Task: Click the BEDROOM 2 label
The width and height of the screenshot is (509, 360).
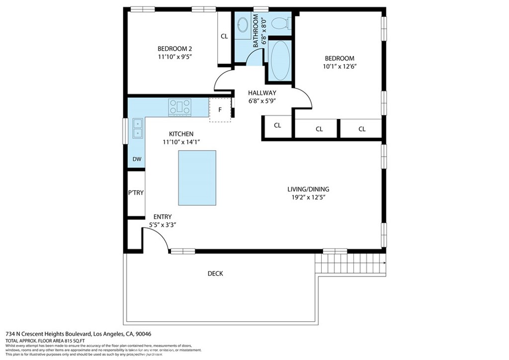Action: point(174,49)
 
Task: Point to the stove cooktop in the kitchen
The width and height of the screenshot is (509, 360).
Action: point(179,106)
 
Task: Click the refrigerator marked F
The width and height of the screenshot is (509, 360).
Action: point(220,109)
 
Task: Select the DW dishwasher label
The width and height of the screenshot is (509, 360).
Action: point(137,160)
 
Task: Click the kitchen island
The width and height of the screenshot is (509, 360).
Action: point(197,178)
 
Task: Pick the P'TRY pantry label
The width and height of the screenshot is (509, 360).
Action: point(136,193)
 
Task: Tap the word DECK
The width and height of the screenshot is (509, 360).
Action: point(215,273)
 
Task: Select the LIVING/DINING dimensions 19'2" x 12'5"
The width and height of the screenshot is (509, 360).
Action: point(308,197)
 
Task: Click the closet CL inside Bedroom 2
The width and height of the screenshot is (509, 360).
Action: point(224,36)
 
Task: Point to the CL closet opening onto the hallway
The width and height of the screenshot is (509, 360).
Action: point(277,126)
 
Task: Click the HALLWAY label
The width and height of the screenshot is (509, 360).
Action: point(262,93)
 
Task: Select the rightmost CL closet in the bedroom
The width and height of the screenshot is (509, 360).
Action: point(362,129)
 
